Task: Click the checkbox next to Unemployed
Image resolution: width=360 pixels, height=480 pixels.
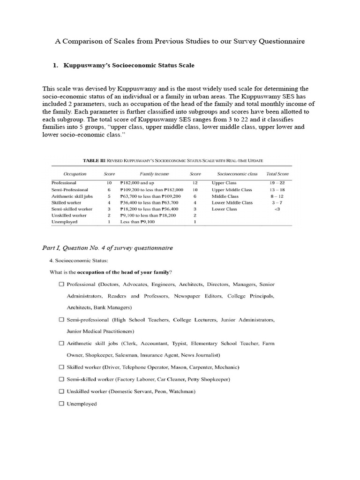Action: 61,404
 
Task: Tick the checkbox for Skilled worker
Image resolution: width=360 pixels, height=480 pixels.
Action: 61,367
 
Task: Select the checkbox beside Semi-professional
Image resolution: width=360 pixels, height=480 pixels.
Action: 61,320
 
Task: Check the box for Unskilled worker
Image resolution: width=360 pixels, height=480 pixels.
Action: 61,391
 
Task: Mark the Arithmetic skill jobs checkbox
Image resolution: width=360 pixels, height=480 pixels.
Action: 61,343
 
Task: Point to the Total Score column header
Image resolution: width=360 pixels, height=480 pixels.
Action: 277,174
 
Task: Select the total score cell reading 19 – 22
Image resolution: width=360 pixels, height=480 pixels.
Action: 278,183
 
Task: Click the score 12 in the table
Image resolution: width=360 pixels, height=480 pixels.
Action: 194,183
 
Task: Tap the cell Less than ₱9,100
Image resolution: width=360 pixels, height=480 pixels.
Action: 137,222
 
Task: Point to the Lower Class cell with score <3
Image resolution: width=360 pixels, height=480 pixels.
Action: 225,209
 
